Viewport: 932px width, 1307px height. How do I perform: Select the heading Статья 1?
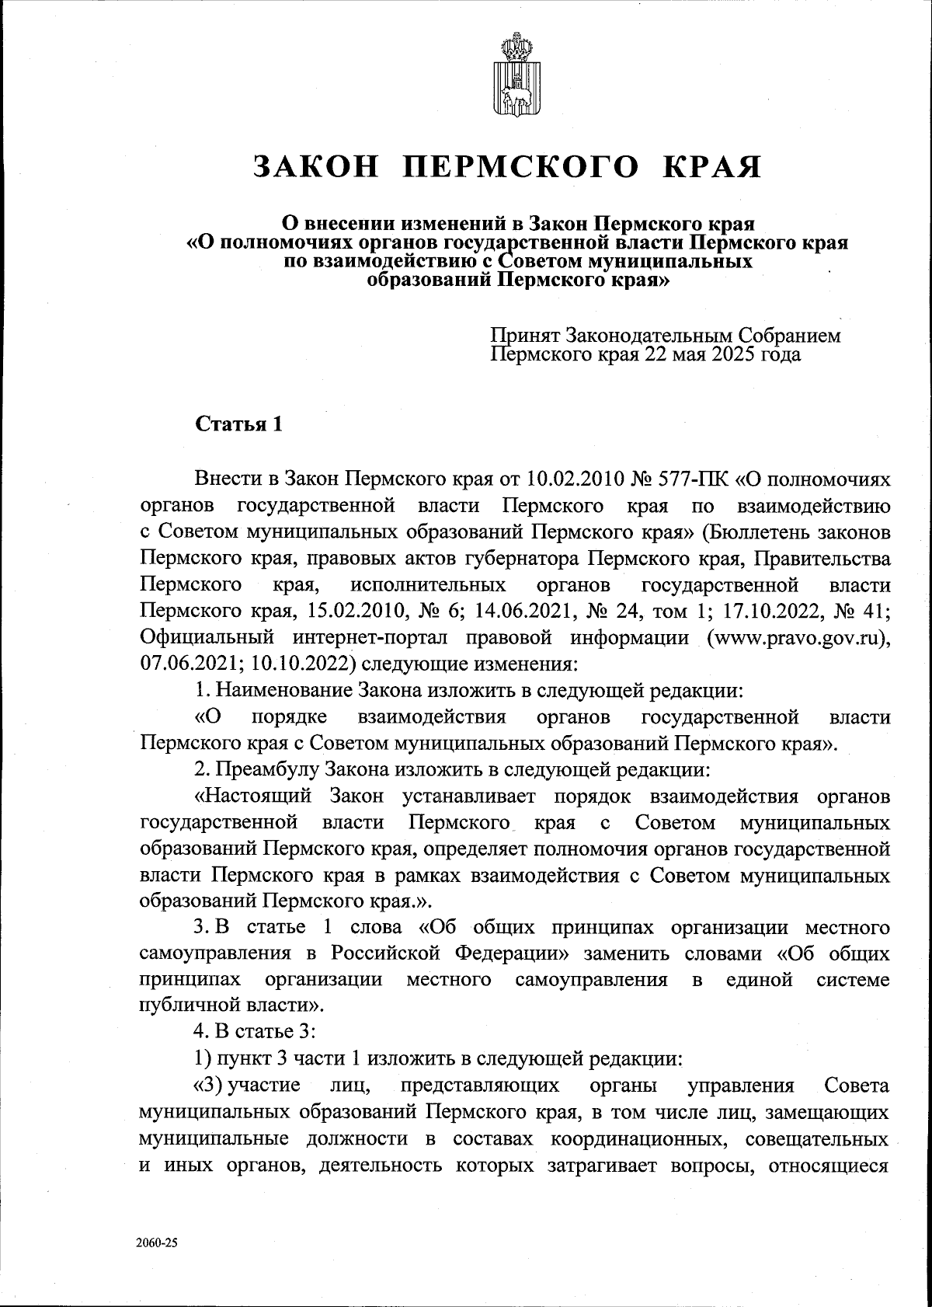coord(238,424)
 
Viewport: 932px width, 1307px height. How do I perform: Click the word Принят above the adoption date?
coord(524,336)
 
